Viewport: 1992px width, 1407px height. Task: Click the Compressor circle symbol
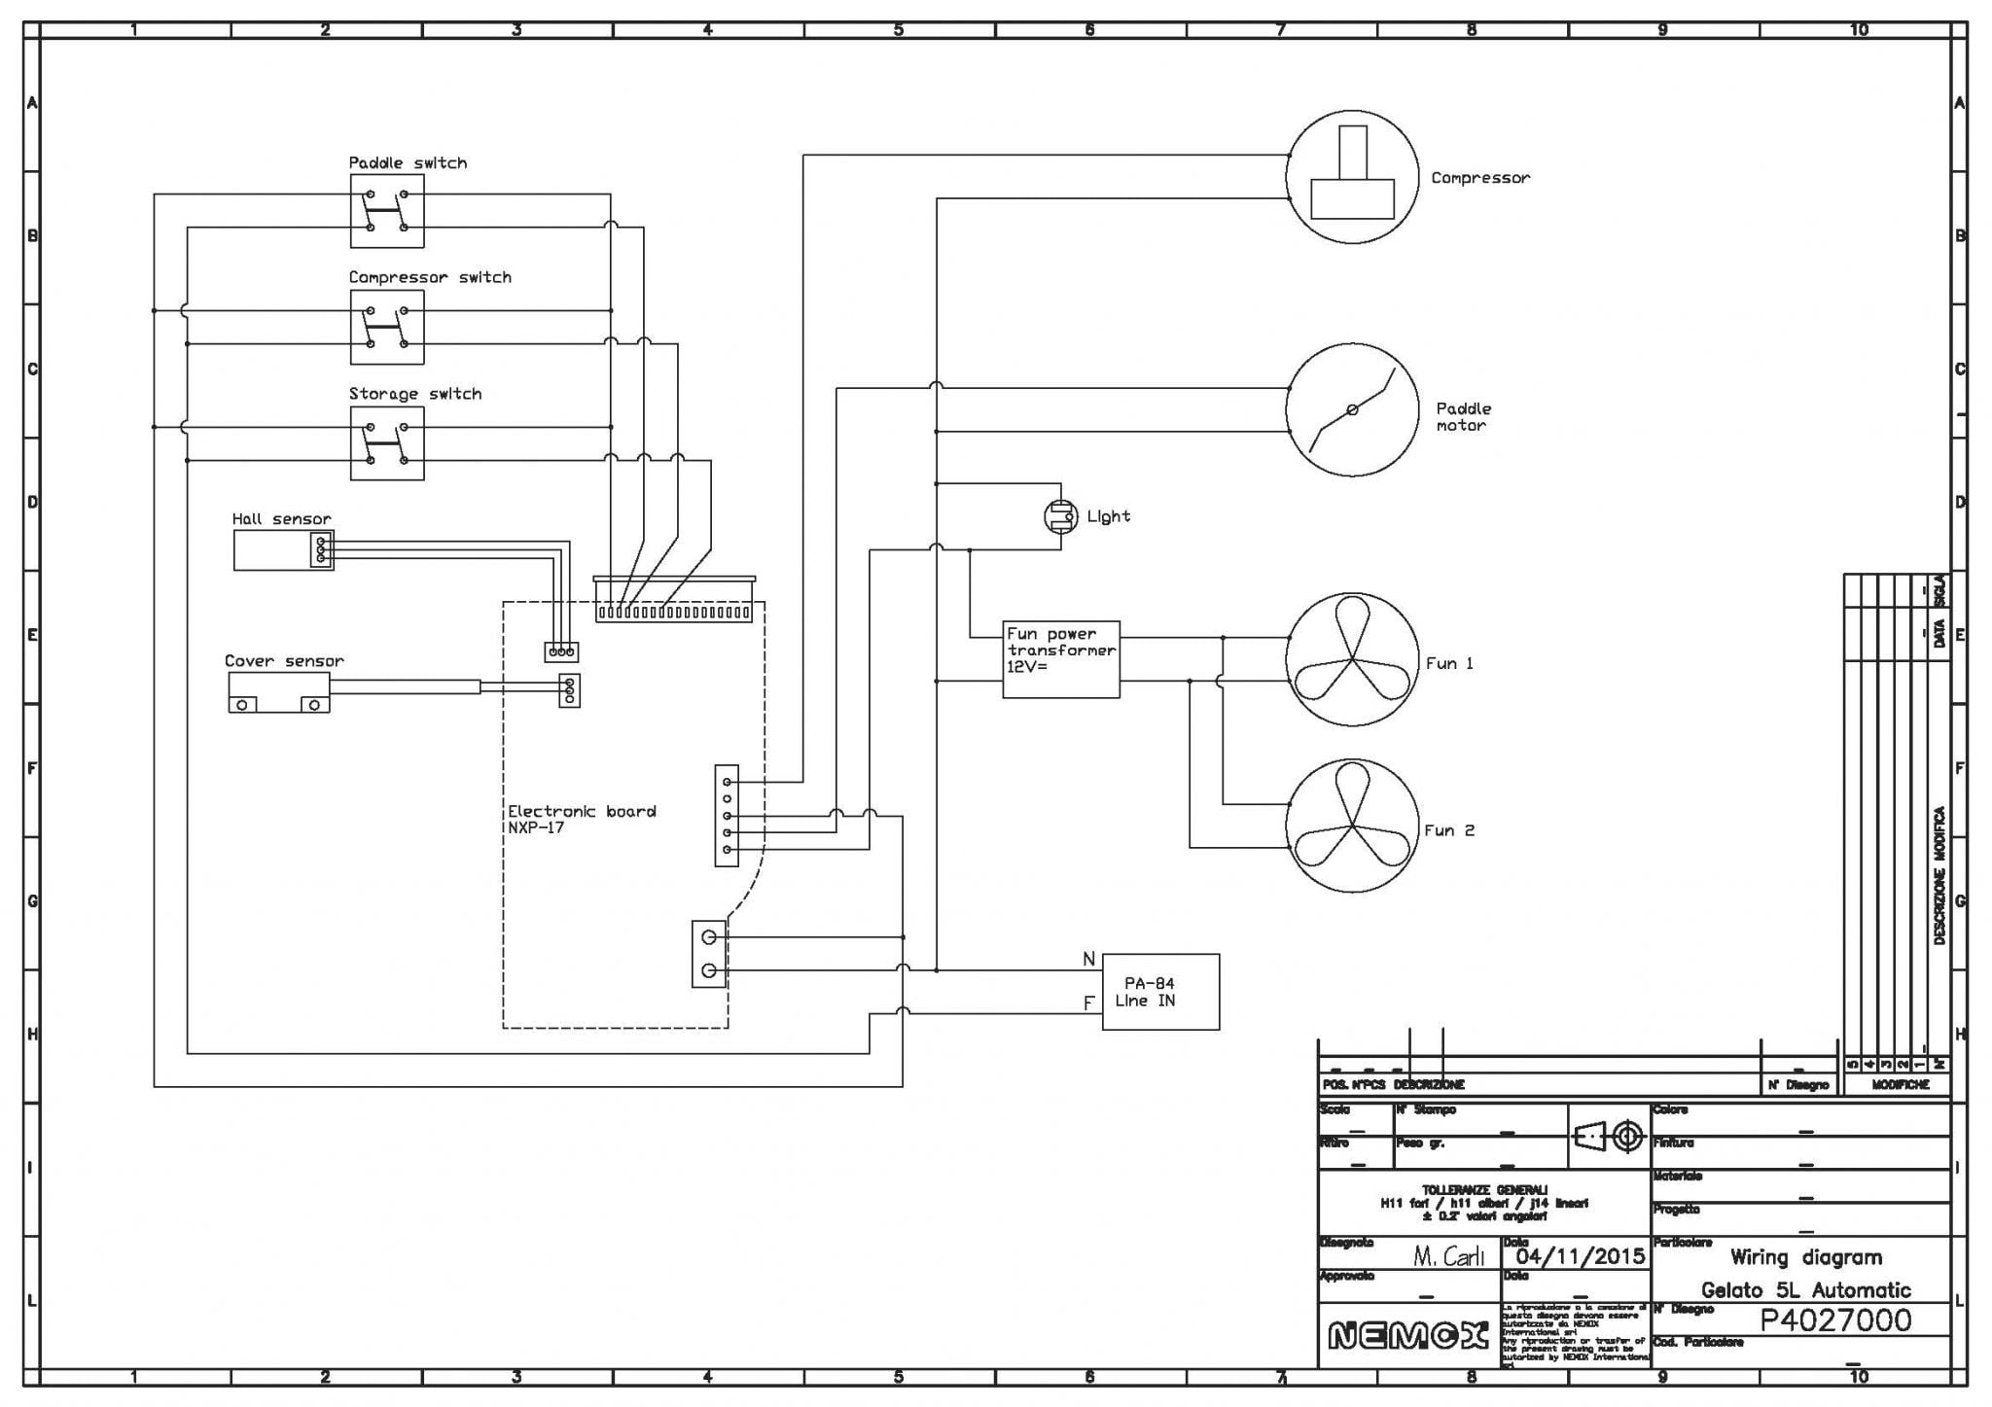(1352, 177)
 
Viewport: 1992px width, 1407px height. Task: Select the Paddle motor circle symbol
(1352, 409)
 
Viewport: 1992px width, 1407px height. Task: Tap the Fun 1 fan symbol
(1352, 660)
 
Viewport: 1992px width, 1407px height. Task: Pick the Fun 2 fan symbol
(1352, 826)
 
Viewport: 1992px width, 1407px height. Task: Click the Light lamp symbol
(1060, 516)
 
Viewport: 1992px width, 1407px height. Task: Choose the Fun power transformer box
(1061, 659)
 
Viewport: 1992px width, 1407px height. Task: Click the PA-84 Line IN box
(1159, 991)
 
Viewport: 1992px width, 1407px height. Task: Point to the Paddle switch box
(387, 211)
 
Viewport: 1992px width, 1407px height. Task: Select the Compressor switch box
(387, 327)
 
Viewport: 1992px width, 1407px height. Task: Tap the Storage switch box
(387, 443)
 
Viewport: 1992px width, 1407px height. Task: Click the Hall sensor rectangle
(282, 550)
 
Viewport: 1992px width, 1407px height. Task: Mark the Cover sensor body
(278, 692)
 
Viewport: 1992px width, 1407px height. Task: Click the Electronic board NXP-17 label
(582, 819)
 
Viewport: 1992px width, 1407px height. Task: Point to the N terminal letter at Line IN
(1088, 960)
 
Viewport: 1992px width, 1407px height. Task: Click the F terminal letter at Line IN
(1089, 1003)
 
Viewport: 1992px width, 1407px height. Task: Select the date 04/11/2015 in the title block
(1580, 1255)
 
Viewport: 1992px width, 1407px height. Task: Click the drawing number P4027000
(1835, 1319)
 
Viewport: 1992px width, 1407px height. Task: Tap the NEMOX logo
(1407, 1337)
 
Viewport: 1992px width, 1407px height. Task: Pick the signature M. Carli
(1448, 1256)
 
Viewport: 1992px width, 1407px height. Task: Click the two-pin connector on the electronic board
(709, 954)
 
